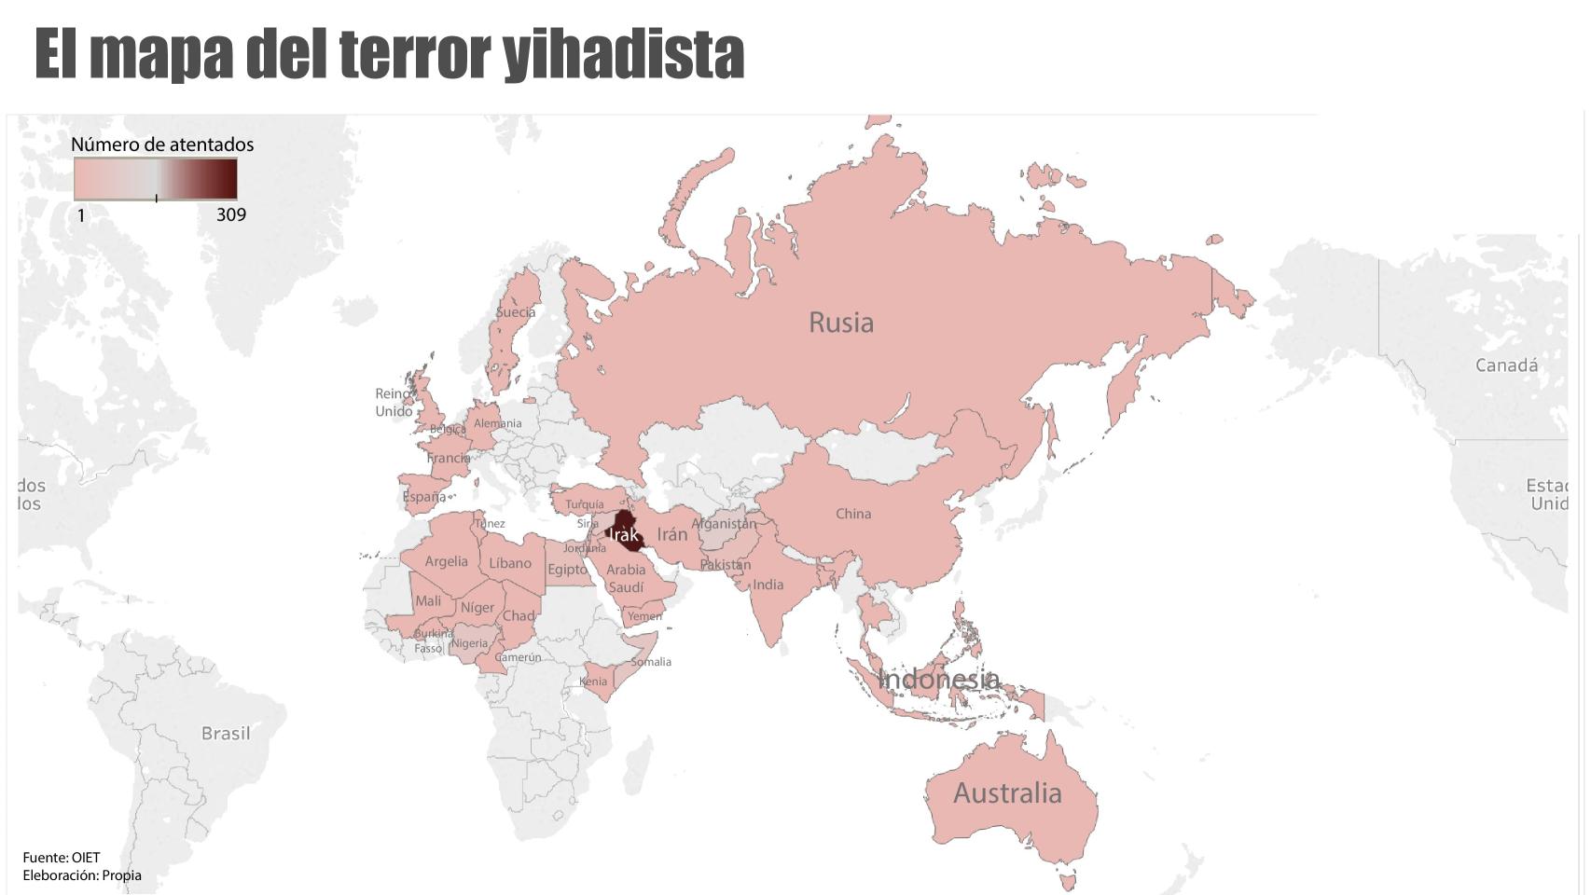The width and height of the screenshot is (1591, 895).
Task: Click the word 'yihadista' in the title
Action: coord(623,54)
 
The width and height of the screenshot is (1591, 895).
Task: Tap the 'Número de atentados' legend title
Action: coord(162,145)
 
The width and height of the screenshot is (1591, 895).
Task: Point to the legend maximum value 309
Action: coord(231,214)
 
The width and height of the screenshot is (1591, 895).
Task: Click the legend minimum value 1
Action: coord(81,215)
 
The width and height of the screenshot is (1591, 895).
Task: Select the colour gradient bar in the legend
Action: coord(156,179)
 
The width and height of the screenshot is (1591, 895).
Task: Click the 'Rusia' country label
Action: coord(841,323)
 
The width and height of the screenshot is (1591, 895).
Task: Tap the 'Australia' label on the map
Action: coord(1007,793)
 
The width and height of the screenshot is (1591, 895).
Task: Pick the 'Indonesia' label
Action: coord(938,679)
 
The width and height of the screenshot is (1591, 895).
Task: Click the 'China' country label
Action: coord(853,514)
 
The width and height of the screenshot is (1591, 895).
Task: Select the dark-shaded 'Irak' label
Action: coord(624,534)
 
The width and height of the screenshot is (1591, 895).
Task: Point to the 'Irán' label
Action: coord(671,534)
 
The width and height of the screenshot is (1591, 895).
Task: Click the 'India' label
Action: coord(768,585)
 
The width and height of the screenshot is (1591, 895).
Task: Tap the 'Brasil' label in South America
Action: coord(226,734)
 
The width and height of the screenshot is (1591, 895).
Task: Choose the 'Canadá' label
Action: coord(1506,365)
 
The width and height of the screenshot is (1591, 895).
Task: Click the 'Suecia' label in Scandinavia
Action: coord(516,312)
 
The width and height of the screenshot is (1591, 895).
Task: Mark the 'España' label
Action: coord(423,497)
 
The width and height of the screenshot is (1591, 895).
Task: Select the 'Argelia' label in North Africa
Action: coord(446,561)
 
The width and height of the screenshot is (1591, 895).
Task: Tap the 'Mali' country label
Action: coord(428,601)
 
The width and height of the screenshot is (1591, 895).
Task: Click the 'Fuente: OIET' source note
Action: coord(62,858)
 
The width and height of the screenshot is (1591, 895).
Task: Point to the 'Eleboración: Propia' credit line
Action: coord(82,875)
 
